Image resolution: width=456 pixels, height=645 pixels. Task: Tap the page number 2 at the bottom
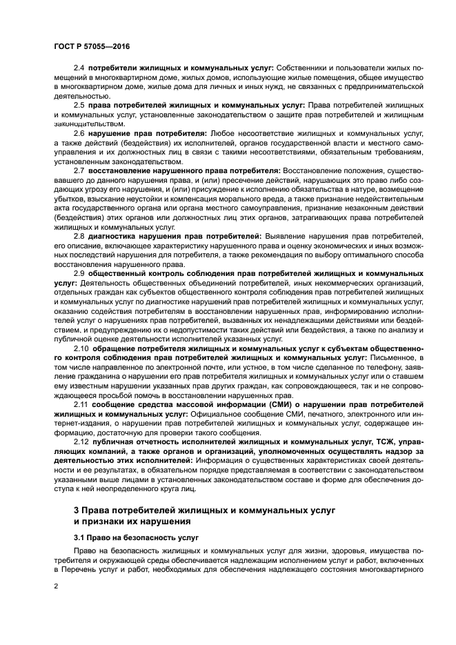[x=57, y=585]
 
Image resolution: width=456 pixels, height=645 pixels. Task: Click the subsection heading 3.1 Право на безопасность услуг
[x=126, y=536]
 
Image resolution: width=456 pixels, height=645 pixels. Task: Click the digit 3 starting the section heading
[x=77, y=508]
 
